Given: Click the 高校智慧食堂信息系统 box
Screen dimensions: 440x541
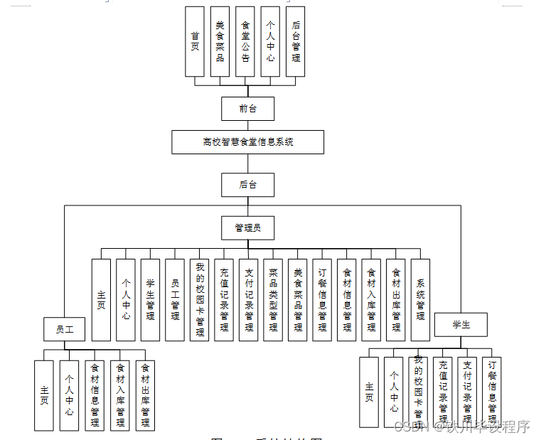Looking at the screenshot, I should [247, 142].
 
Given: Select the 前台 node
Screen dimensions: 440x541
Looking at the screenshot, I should [247, 109].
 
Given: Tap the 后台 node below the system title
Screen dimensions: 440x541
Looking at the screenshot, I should [247, 185].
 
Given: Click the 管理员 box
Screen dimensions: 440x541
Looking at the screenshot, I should [247, 227].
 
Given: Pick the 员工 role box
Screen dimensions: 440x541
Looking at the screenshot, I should [65, 330].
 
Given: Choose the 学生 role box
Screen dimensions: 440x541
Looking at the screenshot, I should [461, 325].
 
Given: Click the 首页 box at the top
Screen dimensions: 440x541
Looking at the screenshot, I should [195, 41].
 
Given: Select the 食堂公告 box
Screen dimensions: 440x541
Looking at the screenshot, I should [245, 41].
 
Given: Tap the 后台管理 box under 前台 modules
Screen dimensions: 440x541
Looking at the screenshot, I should [295, 41].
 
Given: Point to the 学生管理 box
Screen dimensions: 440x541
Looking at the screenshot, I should [150, 300].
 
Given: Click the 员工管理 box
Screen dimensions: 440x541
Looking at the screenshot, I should [174, 300].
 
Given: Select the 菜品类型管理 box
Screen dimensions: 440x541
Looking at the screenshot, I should [273, 300].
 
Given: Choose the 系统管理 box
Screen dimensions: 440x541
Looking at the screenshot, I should [421, 300].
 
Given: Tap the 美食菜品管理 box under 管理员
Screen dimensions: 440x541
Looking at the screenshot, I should [298, 300].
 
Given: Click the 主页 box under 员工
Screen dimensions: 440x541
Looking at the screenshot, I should [44, 395].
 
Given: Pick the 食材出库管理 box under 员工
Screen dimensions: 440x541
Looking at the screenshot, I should [145, 395].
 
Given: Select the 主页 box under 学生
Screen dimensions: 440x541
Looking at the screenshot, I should [369, 392].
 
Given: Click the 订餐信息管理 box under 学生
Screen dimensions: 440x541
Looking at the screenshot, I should [491, 392].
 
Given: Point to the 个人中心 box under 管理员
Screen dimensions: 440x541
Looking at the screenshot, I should [126, 300].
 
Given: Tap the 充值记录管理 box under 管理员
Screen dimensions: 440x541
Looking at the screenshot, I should [224, 300].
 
